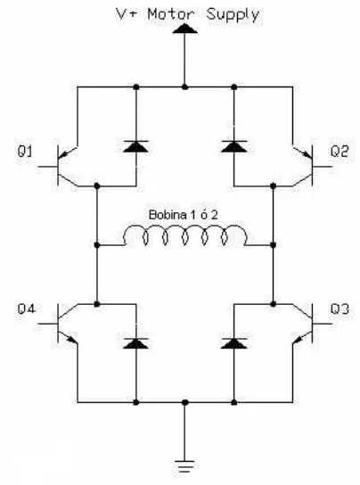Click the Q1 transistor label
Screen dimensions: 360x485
click(25, 152)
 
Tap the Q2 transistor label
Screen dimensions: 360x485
click(340, 152)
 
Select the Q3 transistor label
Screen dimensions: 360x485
click(340, 309)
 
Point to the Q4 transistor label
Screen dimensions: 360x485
click(27, 309)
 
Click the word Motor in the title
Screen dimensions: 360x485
click(171, 14)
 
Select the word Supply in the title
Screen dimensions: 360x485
click(233, 15)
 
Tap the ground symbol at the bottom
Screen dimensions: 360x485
click(184, 466)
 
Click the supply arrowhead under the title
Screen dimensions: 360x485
click(185, 29)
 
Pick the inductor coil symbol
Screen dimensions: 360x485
click(185, 235)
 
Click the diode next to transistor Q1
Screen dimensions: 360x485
click(136, 146)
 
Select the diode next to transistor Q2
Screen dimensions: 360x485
click(234, 146)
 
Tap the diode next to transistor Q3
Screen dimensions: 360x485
click(234, 343)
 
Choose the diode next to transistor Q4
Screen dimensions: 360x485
click(136, 343)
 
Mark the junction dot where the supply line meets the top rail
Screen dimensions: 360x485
click(185, 87)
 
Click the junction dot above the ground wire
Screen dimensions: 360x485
click(185, 402)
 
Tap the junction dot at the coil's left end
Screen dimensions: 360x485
click(97, 245)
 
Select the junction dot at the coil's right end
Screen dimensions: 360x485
click(273, 245)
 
